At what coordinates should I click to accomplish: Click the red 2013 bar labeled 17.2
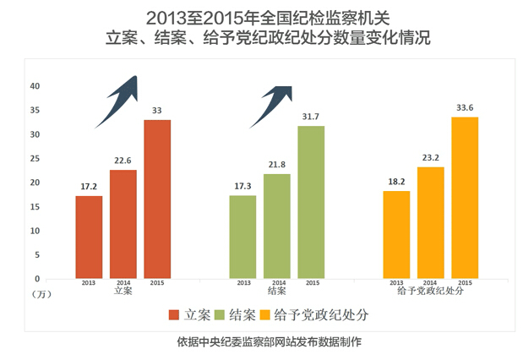click(x=89, y=237)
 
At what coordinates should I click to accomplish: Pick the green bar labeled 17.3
click(x=242, y=237)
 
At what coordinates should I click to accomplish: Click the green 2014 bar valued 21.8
click(x=277, y=226)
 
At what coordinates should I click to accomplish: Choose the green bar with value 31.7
click(x=311, y=202)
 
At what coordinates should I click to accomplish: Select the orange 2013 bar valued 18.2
click(x=396, y=234)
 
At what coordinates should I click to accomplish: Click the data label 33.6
click(x=465, y=107)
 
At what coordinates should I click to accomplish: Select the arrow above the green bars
click(x=271, y=104)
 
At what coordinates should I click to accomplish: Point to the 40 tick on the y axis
click(x=35, y=86)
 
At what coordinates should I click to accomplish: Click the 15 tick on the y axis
click(x=35, y=206)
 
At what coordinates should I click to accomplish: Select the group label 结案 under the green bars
click(x=276, y=291)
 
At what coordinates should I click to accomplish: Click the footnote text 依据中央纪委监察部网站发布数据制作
click(x=262, y=342)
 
